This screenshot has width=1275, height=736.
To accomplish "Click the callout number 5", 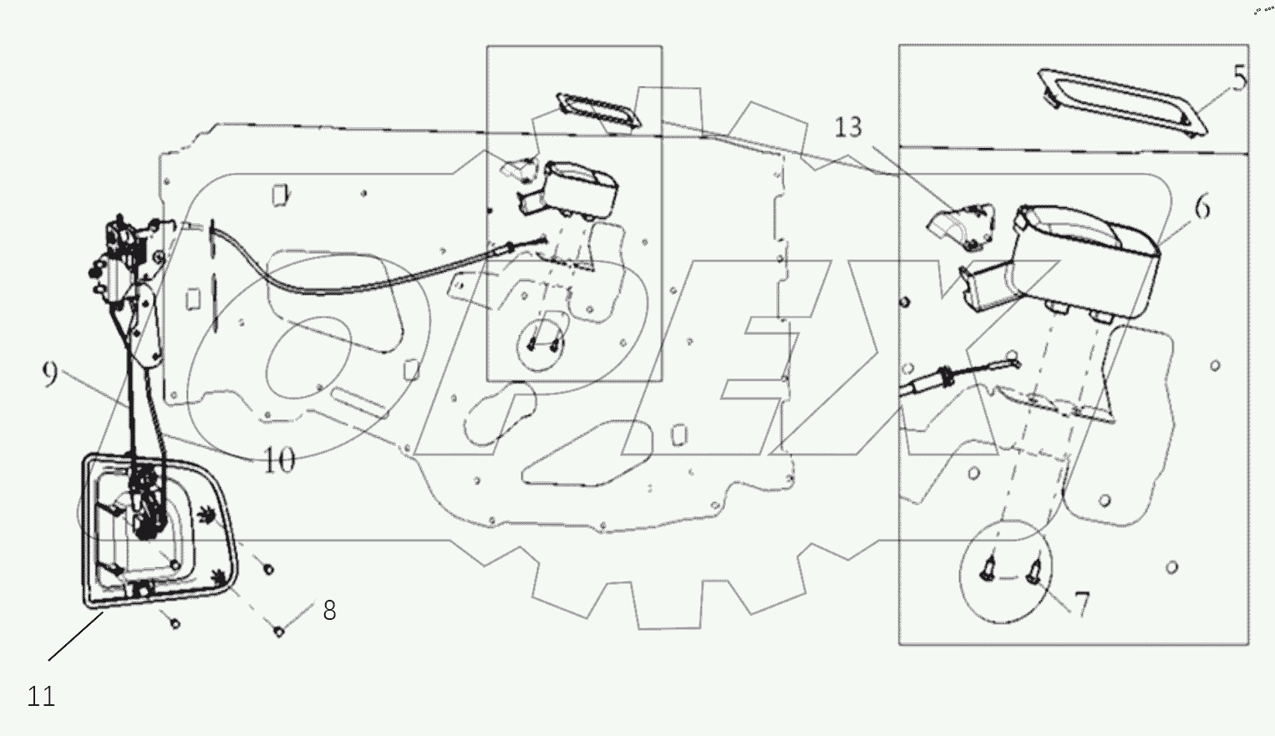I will [x=1239, y=79].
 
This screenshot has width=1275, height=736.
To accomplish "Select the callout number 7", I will [x=1081, y=603].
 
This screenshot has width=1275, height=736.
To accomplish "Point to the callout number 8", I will [x=329, y=611].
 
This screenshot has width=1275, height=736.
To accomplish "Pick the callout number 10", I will [x=280, y=459].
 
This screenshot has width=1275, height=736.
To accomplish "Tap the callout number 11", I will [x=41, y=696].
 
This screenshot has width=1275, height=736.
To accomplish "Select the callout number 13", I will [x=848, y=127].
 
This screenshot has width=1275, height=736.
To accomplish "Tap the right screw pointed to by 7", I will [x=1037, y=573].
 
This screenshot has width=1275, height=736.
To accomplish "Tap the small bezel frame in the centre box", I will [x=599, y=112].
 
